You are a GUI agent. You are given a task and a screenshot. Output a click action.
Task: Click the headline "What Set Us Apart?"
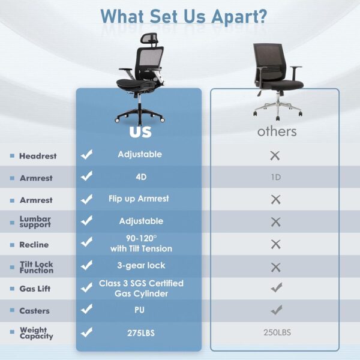coord(184,16)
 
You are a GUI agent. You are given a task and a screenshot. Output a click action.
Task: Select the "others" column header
coord(277,131)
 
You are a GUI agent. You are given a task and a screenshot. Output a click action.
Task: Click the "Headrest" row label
coord(37,156)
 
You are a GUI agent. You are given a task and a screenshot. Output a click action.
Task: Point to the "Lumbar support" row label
coord(35,222)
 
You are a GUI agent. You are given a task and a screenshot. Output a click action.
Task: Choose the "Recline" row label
coord(34,245)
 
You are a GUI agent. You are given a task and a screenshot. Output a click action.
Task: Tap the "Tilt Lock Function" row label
coord(36,267)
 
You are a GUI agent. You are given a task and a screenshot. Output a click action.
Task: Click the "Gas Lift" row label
coord(35,289)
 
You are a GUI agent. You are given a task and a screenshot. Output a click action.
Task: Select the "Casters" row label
coord(34,311)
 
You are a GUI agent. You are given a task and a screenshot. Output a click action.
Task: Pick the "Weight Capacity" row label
coord(36,333)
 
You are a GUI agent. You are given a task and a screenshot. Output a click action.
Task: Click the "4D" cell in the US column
coord(140,177)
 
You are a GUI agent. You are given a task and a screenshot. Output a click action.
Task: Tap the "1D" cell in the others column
coord(275,178)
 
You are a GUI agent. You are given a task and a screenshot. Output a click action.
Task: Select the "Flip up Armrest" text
coord(139,199)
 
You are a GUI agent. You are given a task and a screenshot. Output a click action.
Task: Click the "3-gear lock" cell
coord(141,265)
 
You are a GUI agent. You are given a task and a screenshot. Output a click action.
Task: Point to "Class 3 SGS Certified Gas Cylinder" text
coord(141,288)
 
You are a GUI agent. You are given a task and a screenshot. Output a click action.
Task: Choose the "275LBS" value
coord(140,332)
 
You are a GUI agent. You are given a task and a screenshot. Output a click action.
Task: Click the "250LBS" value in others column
coord(277,332)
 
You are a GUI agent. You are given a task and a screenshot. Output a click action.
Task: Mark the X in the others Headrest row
coord(275,155)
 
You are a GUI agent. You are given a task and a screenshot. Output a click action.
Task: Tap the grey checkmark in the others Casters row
coord(275,310)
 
